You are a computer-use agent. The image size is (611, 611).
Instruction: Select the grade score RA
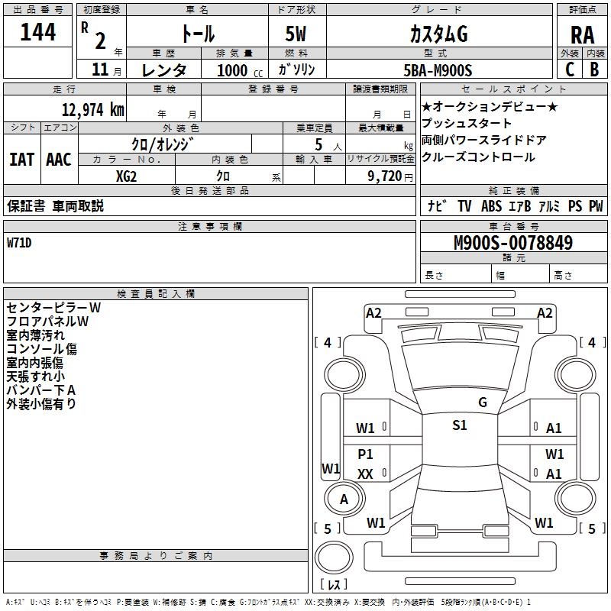coord(582,34)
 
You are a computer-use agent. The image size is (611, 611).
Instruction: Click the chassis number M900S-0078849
coord(512,243)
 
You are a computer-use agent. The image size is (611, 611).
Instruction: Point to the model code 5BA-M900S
coord(438,70)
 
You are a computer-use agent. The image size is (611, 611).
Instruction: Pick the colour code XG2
coord(127,176)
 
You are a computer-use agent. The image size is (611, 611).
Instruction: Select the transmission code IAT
coord(21,160)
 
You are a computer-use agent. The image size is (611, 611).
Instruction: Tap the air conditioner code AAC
coord(59,160)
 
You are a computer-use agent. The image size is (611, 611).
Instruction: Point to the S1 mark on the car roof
coord(459,425)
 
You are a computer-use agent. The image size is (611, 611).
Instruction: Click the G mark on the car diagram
coord(482,402)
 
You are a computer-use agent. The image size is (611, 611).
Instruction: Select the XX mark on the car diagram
coord(365,474)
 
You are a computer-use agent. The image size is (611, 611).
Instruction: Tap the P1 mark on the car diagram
coord(365,454)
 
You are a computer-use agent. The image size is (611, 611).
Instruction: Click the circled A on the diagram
coord(344,499)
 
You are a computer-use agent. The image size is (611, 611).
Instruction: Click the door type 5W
coord(296,34)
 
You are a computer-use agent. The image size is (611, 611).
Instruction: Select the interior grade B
coord(593,70)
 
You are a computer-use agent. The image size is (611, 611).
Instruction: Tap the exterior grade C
coord(569,70)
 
